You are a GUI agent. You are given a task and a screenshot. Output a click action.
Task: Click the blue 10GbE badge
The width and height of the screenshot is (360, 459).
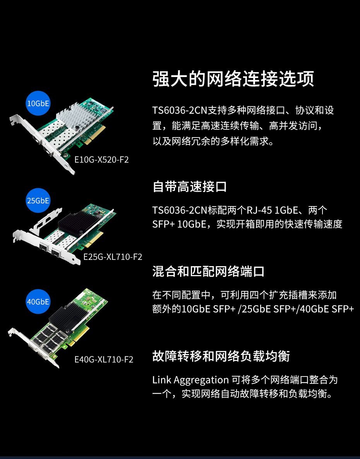click(x=38, y=103)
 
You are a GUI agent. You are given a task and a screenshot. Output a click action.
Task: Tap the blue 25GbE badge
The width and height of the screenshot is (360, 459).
click(x=38, y=201)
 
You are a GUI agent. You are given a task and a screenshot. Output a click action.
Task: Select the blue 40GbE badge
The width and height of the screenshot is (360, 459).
click(x=38, y=301)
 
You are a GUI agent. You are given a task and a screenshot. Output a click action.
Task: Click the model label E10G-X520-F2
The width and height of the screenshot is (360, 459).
click(x=101, y=160)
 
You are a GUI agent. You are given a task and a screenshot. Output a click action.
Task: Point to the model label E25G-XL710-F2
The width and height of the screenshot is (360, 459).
click(x=113, y=257)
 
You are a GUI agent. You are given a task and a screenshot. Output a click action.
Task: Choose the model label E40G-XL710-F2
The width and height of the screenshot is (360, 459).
click(x=104, y=359)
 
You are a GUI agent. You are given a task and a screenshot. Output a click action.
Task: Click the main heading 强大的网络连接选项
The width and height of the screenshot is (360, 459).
click(x=233, y=79)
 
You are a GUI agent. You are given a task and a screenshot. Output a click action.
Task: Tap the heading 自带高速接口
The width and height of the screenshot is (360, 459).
click(x=190, y=187)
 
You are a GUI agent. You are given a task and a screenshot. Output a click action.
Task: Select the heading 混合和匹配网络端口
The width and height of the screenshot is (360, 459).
click(x=208, y=272)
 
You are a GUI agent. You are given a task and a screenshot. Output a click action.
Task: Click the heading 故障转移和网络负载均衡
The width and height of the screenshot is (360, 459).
click(x=221, y=356)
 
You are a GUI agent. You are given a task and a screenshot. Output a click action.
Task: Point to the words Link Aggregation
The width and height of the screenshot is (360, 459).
click(x=190, y=380)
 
